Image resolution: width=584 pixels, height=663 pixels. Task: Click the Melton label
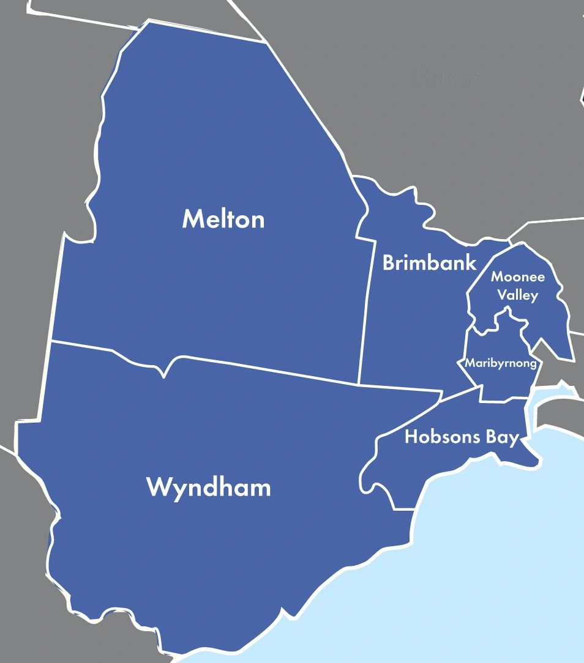[223, 219]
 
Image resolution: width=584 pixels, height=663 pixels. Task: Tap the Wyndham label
[208, 488]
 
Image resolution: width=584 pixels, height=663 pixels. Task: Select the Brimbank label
[429, 263]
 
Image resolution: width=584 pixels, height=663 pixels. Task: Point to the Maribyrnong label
[501, 363]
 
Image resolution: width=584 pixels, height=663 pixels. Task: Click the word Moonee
[517, 277]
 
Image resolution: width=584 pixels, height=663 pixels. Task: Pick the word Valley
[517, 295]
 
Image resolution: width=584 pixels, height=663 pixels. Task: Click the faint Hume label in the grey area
[450, 78]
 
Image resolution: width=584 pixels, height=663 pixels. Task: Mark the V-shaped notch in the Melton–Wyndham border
[164, 374]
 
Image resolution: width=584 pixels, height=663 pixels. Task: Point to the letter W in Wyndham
[157, 487]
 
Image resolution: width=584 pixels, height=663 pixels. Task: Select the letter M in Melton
[192, 219]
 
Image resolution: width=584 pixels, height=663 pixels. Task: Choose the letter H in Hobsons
[411, 437]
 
